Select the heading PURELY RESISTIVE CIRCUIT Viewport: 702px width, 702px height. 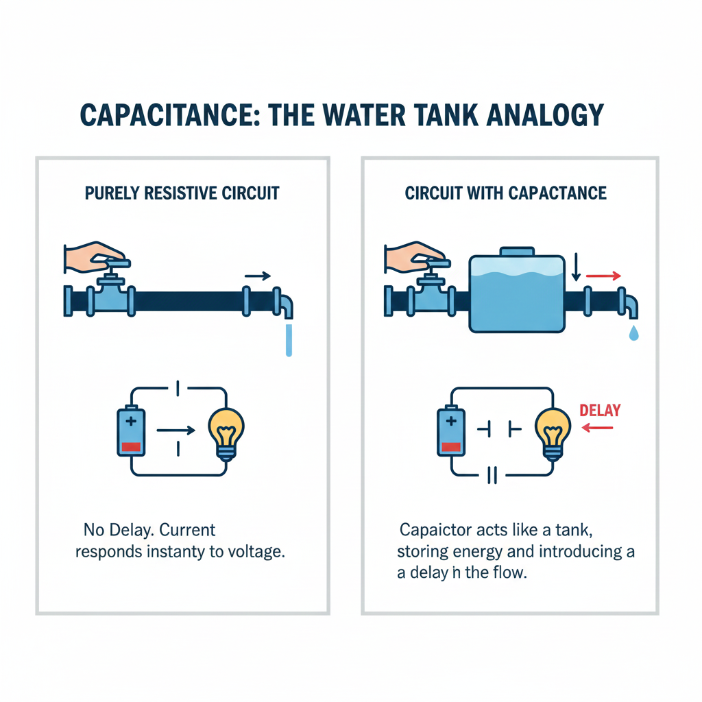tap(182, 193)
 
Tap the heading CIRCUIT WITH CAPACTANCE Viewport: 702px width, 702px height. tap(506, 193)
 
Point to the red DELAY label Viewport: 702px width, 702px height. tap(600, 411)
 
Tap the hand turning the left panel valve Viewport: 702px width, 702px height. tap(94, 256)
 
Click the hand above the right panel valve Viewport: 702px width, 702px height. tap(415, 256)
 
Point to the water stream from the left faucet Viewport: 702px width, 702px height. tap(289, 340)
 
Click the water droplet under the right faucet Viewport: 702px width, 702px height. tap(633, 333)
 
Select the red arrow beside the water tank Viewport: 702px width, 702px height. tap(604, 276)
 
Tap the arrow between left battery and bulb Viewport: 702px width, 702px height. tap(176, 431)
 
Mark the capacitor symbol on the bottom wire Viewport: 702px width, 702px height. tap(491, 475)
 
